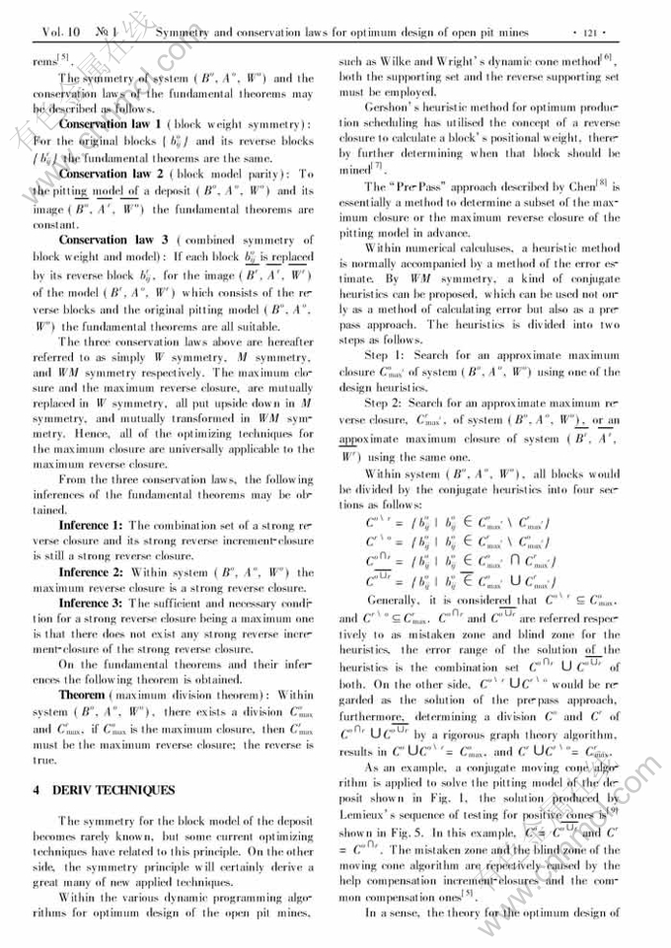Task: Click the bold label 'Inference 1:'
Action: point(90,525)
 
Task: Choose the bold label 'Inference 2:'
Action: point(90,572)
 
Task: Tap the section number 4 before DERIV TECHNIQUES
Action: point(36,790)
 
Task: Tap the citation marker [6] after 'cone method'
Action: point(608,56)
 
